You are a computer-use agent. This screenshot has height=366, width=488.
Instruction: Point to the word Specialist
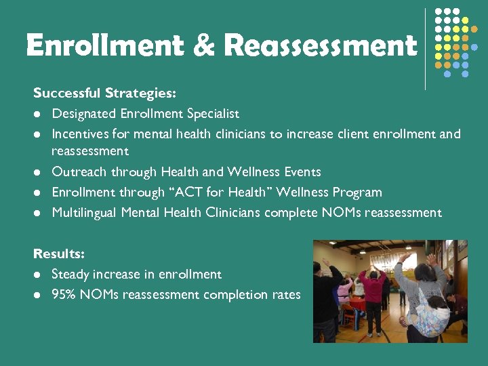211,114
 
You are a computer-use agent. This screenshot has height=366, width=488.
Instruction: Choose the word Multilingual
85,213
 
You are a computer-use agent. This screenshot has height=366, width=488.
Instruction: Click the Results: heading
59,253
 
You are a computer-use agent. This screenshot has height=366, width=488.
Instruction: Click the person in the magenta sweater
372,291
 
